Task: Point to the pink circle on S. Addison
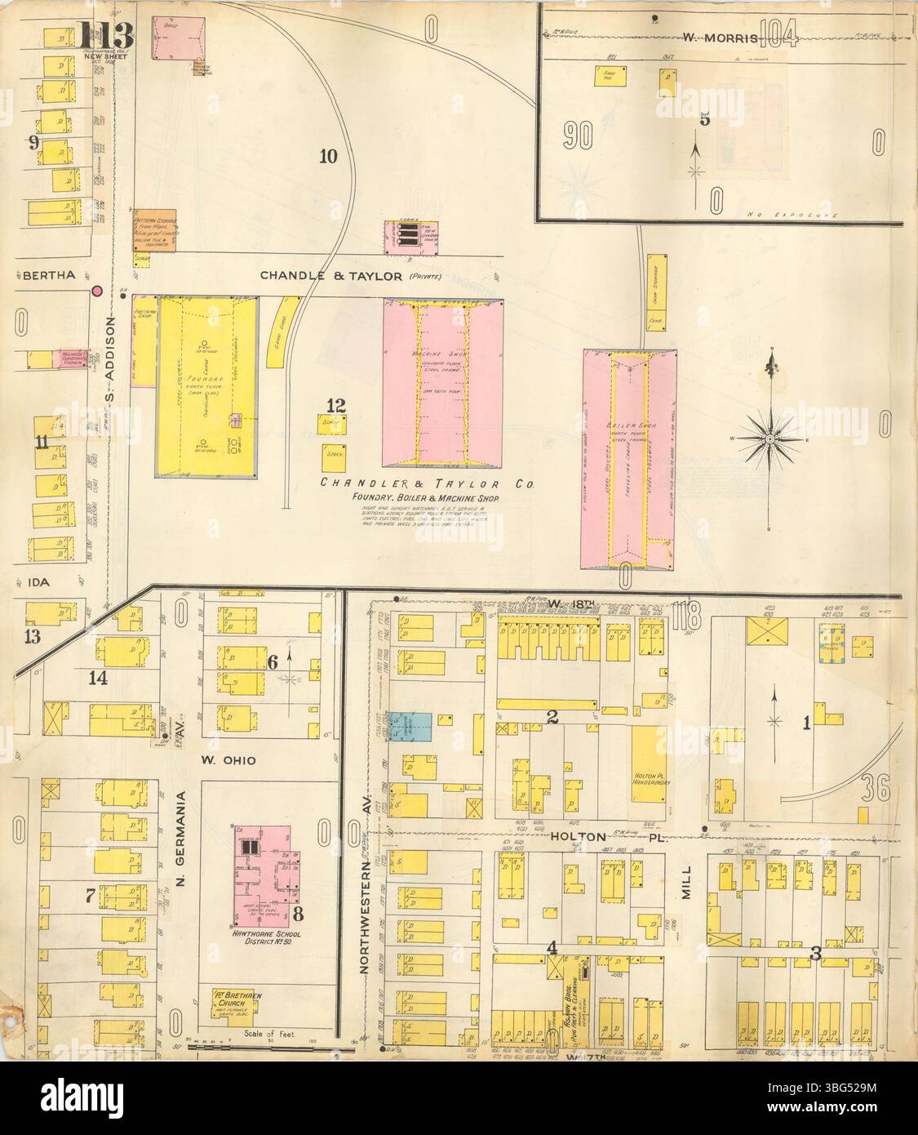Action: [x=98, y=290]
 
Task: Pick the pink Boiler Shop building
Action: [x=628, y=458]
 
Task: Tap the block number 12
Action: [x=336, y=405]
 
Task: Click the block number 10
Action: [x=327, y=156]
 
